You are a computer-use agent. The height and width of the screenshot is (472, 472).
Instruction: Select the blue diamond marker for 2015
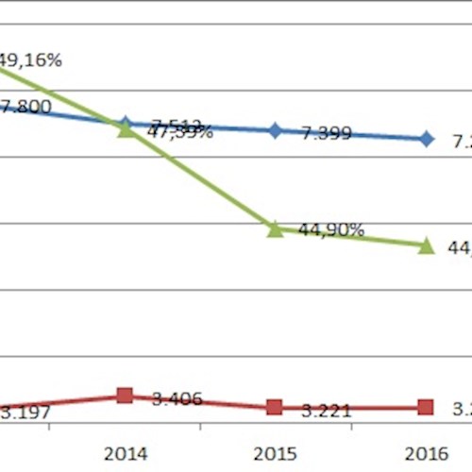tap(275, 130)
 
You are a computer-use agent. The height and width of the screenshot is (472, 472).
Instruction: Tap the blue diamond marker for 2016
tap(426, 139)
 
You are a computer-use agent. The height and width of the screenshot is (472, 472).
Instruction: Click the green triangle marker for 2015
tap(275, 228)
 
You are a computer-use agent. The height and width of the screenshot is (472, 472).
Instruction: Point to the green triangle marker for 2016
tap(426, 246)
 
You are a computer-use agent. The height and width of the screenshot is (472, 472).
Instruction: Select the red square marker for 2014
tap(125, 396)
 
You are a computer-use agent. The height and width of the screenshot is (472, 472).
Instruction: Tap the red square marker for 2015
tap(275, 407)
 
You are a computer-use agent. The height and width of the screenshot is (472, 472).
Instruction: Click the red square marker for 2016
tap(426, 407)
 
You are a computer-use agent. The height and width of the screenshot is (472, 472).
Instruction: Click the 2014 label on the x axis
tap(126, 452)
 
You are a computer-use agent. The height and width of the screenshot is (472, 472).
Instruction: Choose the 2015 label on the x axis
tap(275, 452)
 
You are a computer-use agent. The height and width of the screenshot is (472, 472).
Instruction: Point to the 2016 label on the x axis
tap(426, 452)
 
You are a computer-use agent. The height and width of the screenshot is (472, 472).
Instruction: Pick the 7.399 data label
tap(327, 133)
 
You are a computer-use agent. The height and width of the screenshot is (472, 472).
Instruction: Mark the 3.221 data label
tap(327, 411)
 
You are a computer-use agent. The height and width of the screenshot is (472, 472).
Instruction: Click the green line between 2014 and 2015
tap(200, 179)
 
